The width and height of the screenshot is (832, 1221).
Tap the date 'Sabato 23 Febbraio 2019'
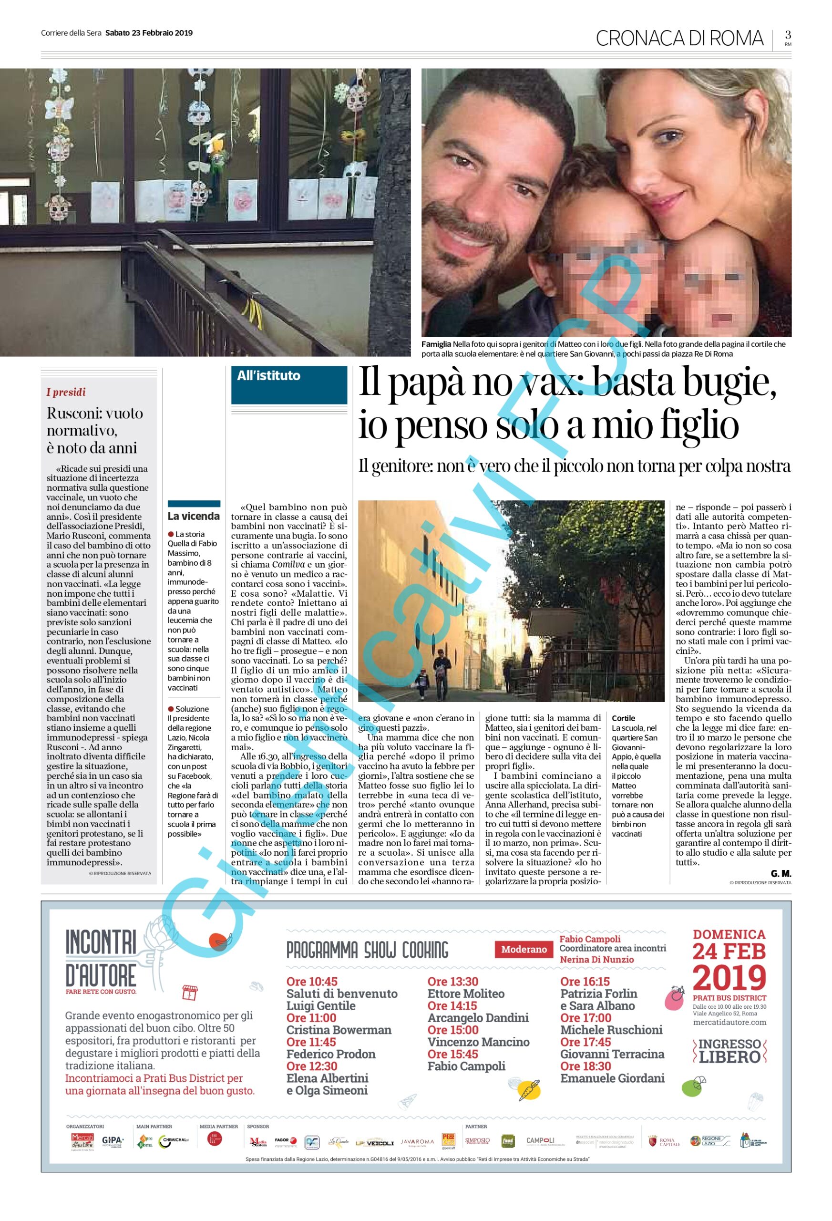point(149,32)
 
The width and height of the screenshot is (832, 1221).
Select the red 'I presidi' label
point(66,392)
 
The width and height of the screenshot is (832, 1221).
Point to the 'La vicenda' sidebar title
point(193,516)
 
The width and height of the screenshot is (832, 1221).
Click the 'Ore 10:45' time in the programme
point(312,982)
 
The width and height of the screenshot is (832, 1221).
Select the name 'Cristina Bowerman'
point(339,1030)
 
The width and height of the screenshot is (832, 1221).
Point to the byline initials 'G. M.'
point(781,873)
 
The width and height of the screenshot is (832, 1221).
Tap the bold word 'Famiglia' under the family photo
point(436,344)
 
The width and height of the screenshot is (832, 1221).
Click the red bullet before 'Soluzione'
point(171,709)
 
